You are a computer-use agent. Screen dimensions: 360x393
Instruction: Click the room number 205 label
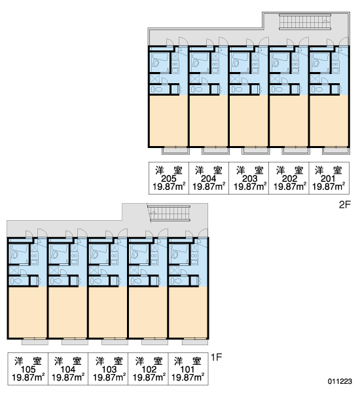pos(169,179)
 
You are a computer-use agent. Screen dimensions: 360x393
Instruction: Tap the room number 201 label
pos(328,179)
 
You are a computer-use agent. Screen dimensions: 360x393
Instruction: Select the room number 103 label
pos(109,369)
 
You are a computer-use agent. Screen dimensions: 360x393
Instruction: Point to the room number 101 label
pos(188,369)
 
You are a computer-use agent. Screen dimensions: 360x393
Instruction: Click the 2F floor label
pos(345,205)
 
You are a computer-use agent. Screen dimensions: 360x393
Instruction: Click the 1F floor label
pos(217,357)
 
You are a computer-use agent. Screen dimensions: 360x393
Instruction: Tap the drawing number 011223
pos(340,381)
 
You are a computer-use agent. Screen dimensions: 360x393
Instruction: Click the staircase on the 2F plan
pos(305,22)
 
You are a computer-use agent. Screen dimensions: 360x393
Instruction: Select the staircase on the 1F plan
pos(170,214)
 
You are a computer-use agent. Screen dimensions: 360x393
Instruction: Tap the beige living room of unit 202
pos(289,121)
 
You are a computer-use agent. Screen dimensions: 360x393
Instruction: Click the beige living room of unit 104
pos(67,312)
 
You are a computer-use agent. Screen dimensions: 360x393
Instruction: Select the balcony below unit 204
pos(215,151)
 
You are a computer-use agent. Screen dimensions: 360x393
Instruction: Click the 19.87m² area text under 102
pos(149,377)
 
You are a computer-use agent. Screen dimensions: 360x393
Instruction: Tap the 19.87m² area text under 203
pos(250,187)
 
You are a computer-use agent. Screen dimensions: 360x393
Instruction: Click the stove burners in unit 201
pos(336,64)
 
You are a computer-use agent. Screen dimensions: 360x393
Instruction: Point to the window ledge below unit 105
pos(35,342)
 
